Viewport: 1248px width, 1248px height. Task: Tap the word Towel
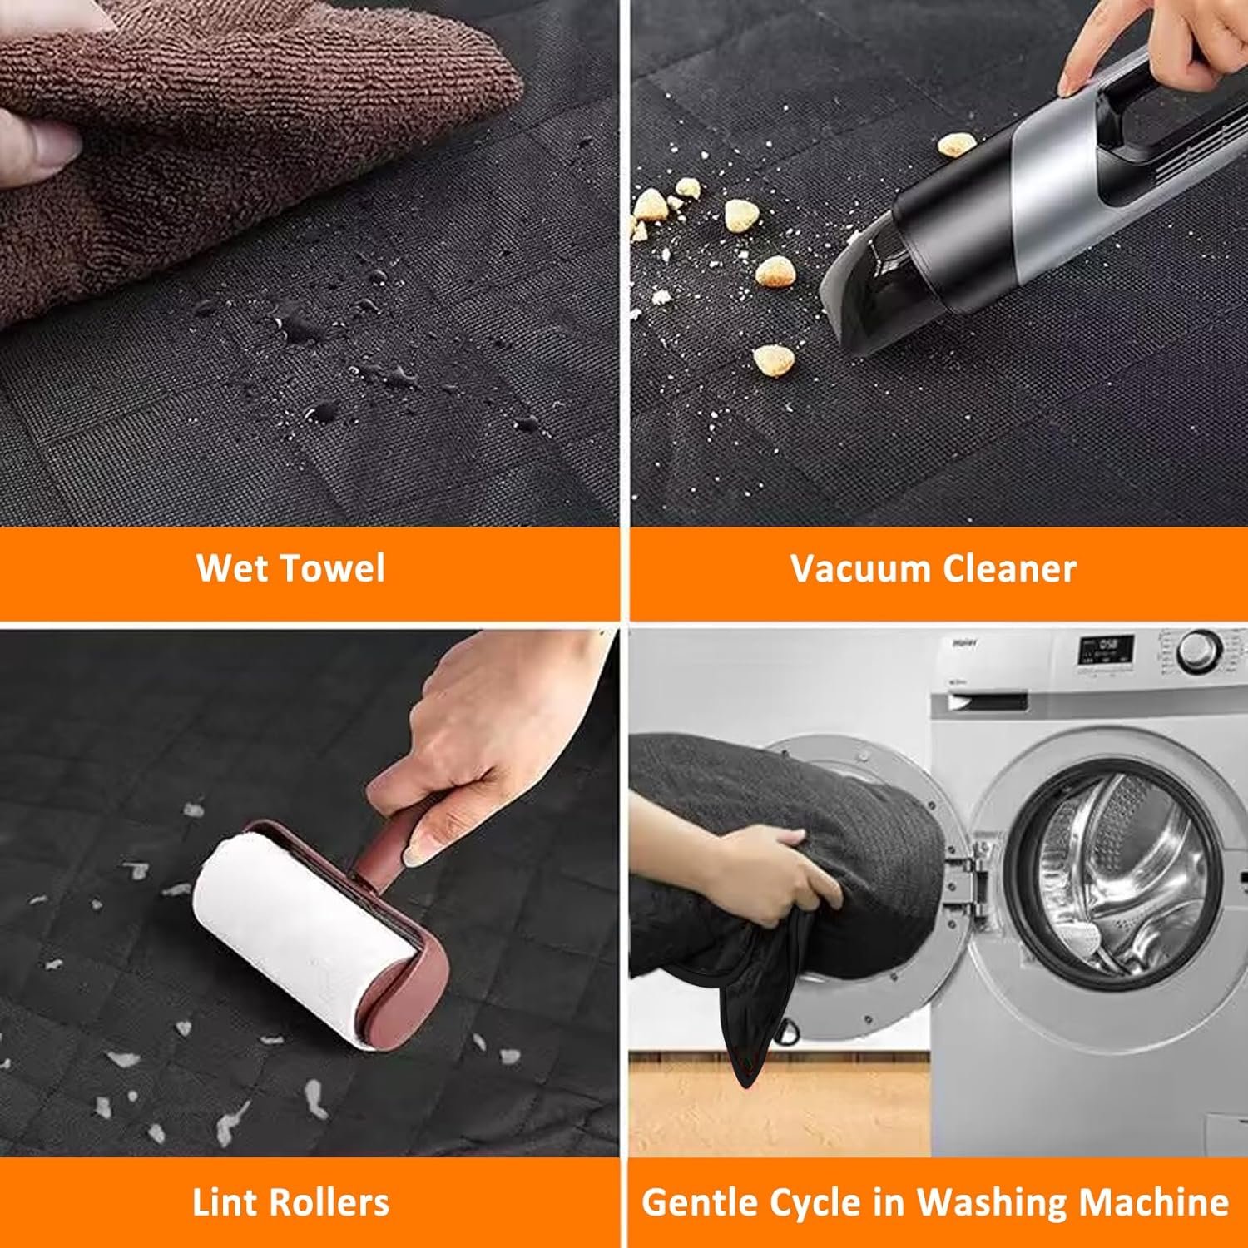point(333,568)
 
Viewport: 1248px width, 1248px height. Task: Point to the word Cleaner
point(1009,569)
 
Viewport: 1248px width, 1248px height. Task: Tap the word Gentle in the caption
point(701,1203)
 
